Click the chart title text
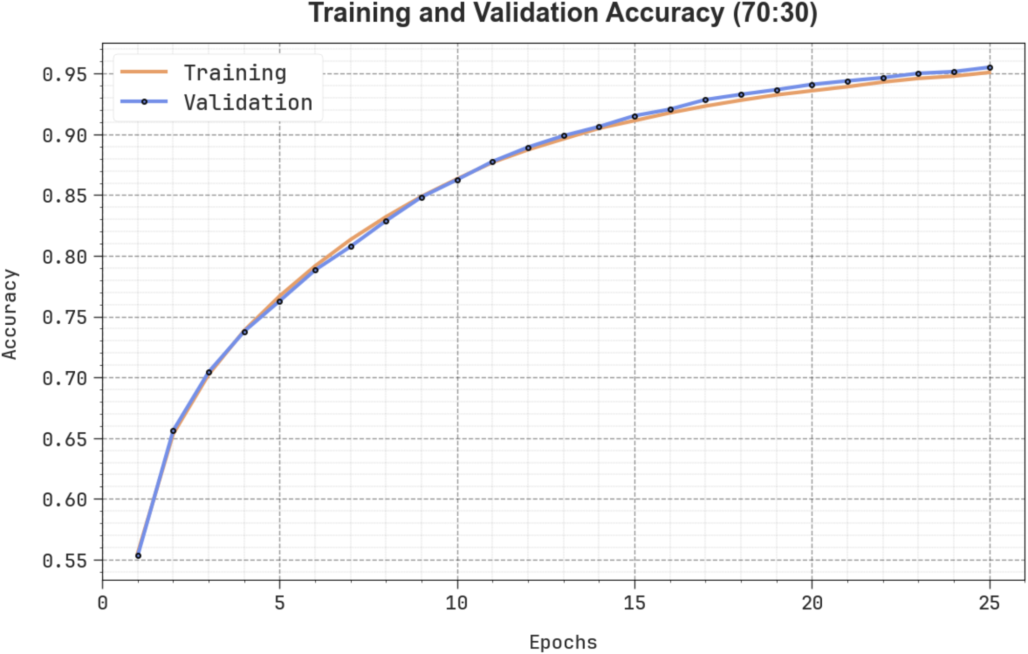coord(563,13)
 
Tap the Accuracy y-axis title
coord(10,314)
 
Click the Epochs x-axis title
coord(563,642)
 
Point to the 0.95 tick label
coord(65,75)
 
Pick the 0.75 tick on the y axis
coord(65,318)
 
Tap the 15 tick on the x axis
coord(634,603)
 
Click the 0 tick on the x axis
coord(102,603)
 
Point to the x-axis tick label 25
coord(989,603)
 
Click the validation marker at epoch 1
coord(138,556)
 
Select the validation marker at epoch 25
coord(990,68)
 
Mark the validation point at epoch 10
coord(457,180)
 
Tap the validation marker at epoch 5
coord(280,302)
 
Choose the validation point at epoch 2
coord(173,431)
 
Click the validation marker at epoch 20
coord(812,85)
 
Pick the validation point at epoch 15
coord(635,117)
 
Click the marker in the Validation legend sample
coord(144,102)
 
